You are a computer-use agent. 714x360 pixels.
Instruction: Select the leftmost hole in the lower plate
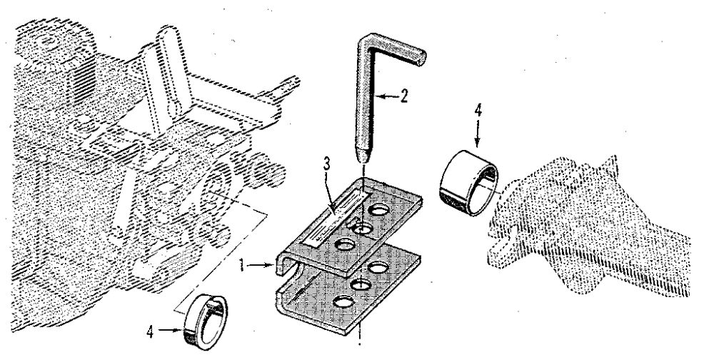[x=347, y=301]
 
